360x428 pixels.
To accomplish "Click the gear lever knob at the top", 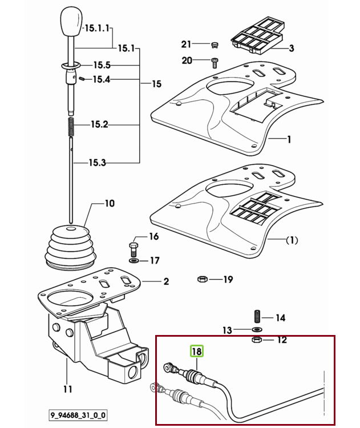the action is (x=71, y=22).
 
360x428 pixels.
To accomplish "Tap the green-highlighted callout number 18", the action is (x=196, y=351).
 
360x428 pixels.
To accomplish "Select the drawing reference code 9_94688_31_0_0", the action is (x=78, y=415).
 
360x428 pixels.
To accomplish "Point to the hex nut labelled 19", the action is (x=202, y=279).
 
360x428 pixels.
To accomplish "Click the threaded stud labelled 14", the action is (x=257, y=317).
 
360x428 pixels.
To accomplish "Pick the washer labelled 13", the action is (x=257, y=329).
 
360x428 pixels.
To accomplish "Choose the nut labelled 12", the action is (x=257, y=340).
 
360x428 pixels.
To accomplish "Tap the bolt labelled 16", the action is (x=134, y=249).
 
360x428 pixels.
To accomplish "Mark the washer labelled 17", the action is (x=134, y=261).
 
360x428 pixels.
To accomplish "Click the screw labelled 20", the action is (x=215, y=63).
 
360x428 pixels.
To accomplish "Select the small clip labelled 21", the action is (x=215, y=45).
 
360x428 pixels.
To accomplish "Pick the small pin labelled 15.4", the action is (x=81, y=79).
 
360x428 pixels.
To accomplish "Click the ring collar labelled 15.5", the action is (x=71, y=66).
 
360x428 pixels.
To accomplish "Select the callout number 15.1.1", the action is (x=97, y=28).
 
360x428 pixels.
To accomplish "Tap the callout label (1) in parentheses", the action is (x=292, y=240).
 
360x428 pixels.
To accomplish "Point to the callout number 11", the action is (x=68, y=389).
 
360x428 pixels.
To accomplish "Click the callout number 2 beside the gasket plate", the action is (x=166, y=281).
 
